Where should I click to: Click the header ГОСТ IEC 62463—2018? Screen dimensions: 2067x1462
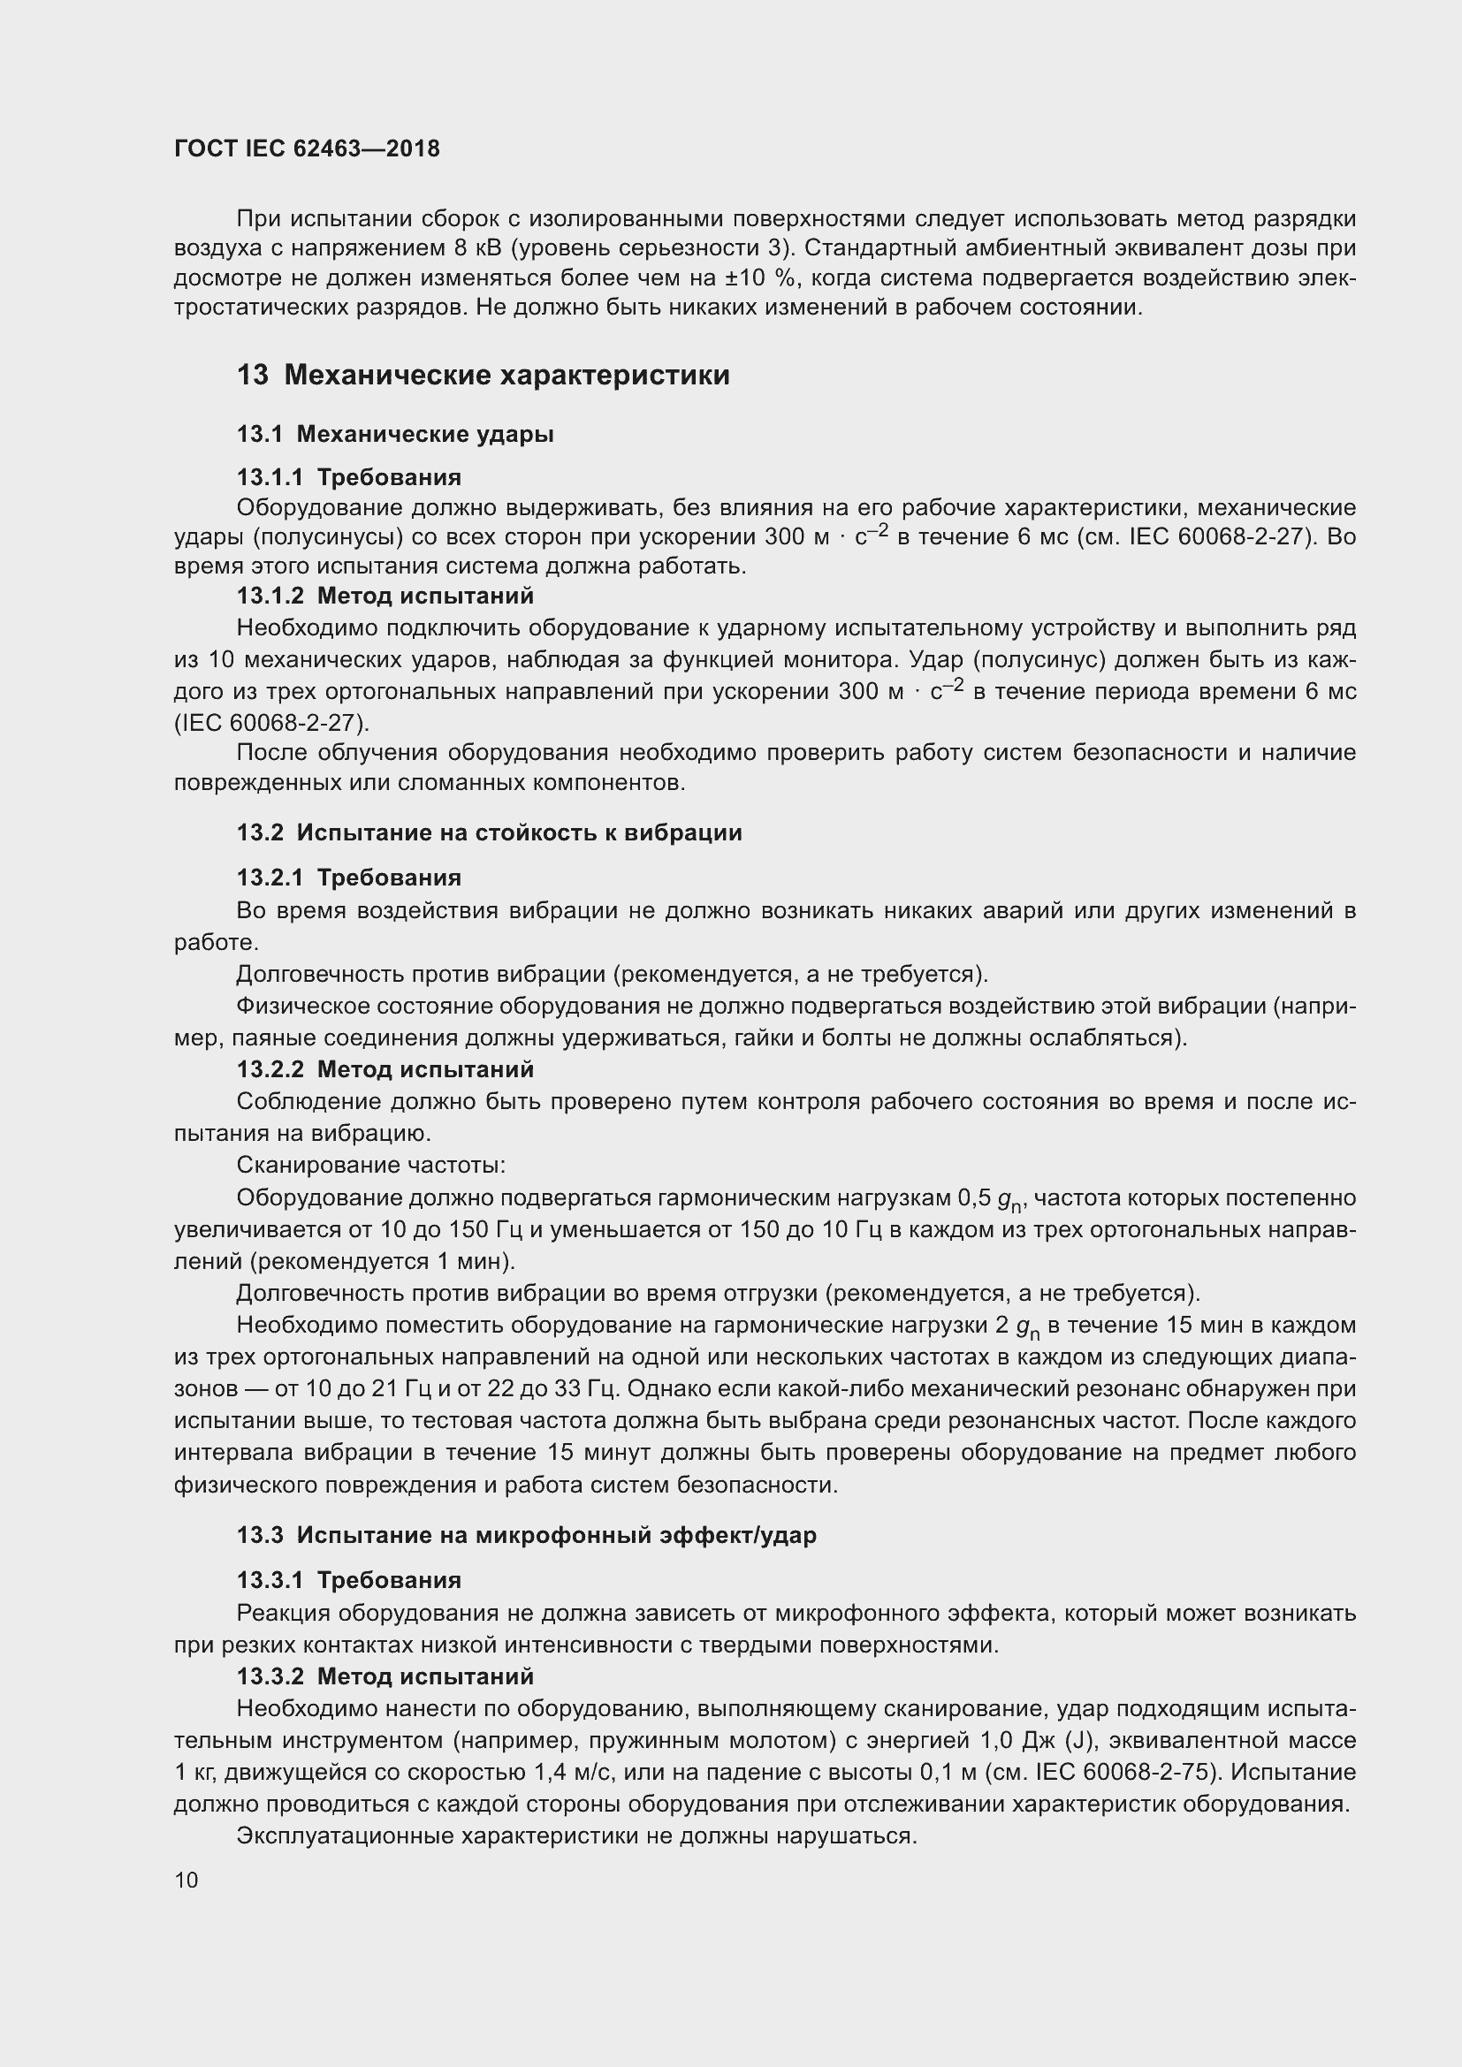click(307, 148)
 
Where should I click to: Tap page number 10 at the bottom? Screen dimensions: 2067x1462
click(187, 1880)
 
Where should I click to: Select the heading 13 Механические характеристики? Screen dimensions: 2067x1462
click(483, 375)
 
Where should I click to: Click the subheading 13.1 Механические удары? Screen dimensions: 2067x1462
click(395, 434)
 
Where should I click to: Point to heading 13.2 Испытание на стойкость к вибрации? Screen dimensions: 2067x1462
click(489, 832)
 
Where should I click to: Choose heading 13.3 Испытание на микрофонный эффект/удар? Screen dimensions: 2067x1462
click(526, 1535)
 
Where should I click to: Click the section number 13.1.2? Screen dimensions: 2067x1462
click(270, 596)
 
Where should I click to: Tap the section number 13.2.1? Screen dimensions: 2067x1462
click(270, 878)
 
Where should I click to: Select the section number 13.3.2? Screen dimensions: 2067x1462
click(270, 1676)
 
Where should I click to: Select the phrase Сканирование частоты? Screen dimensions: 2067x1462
click(371, 1165)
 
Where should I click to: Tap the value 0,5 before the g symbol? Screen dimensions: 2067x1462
click(975, 1197)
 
